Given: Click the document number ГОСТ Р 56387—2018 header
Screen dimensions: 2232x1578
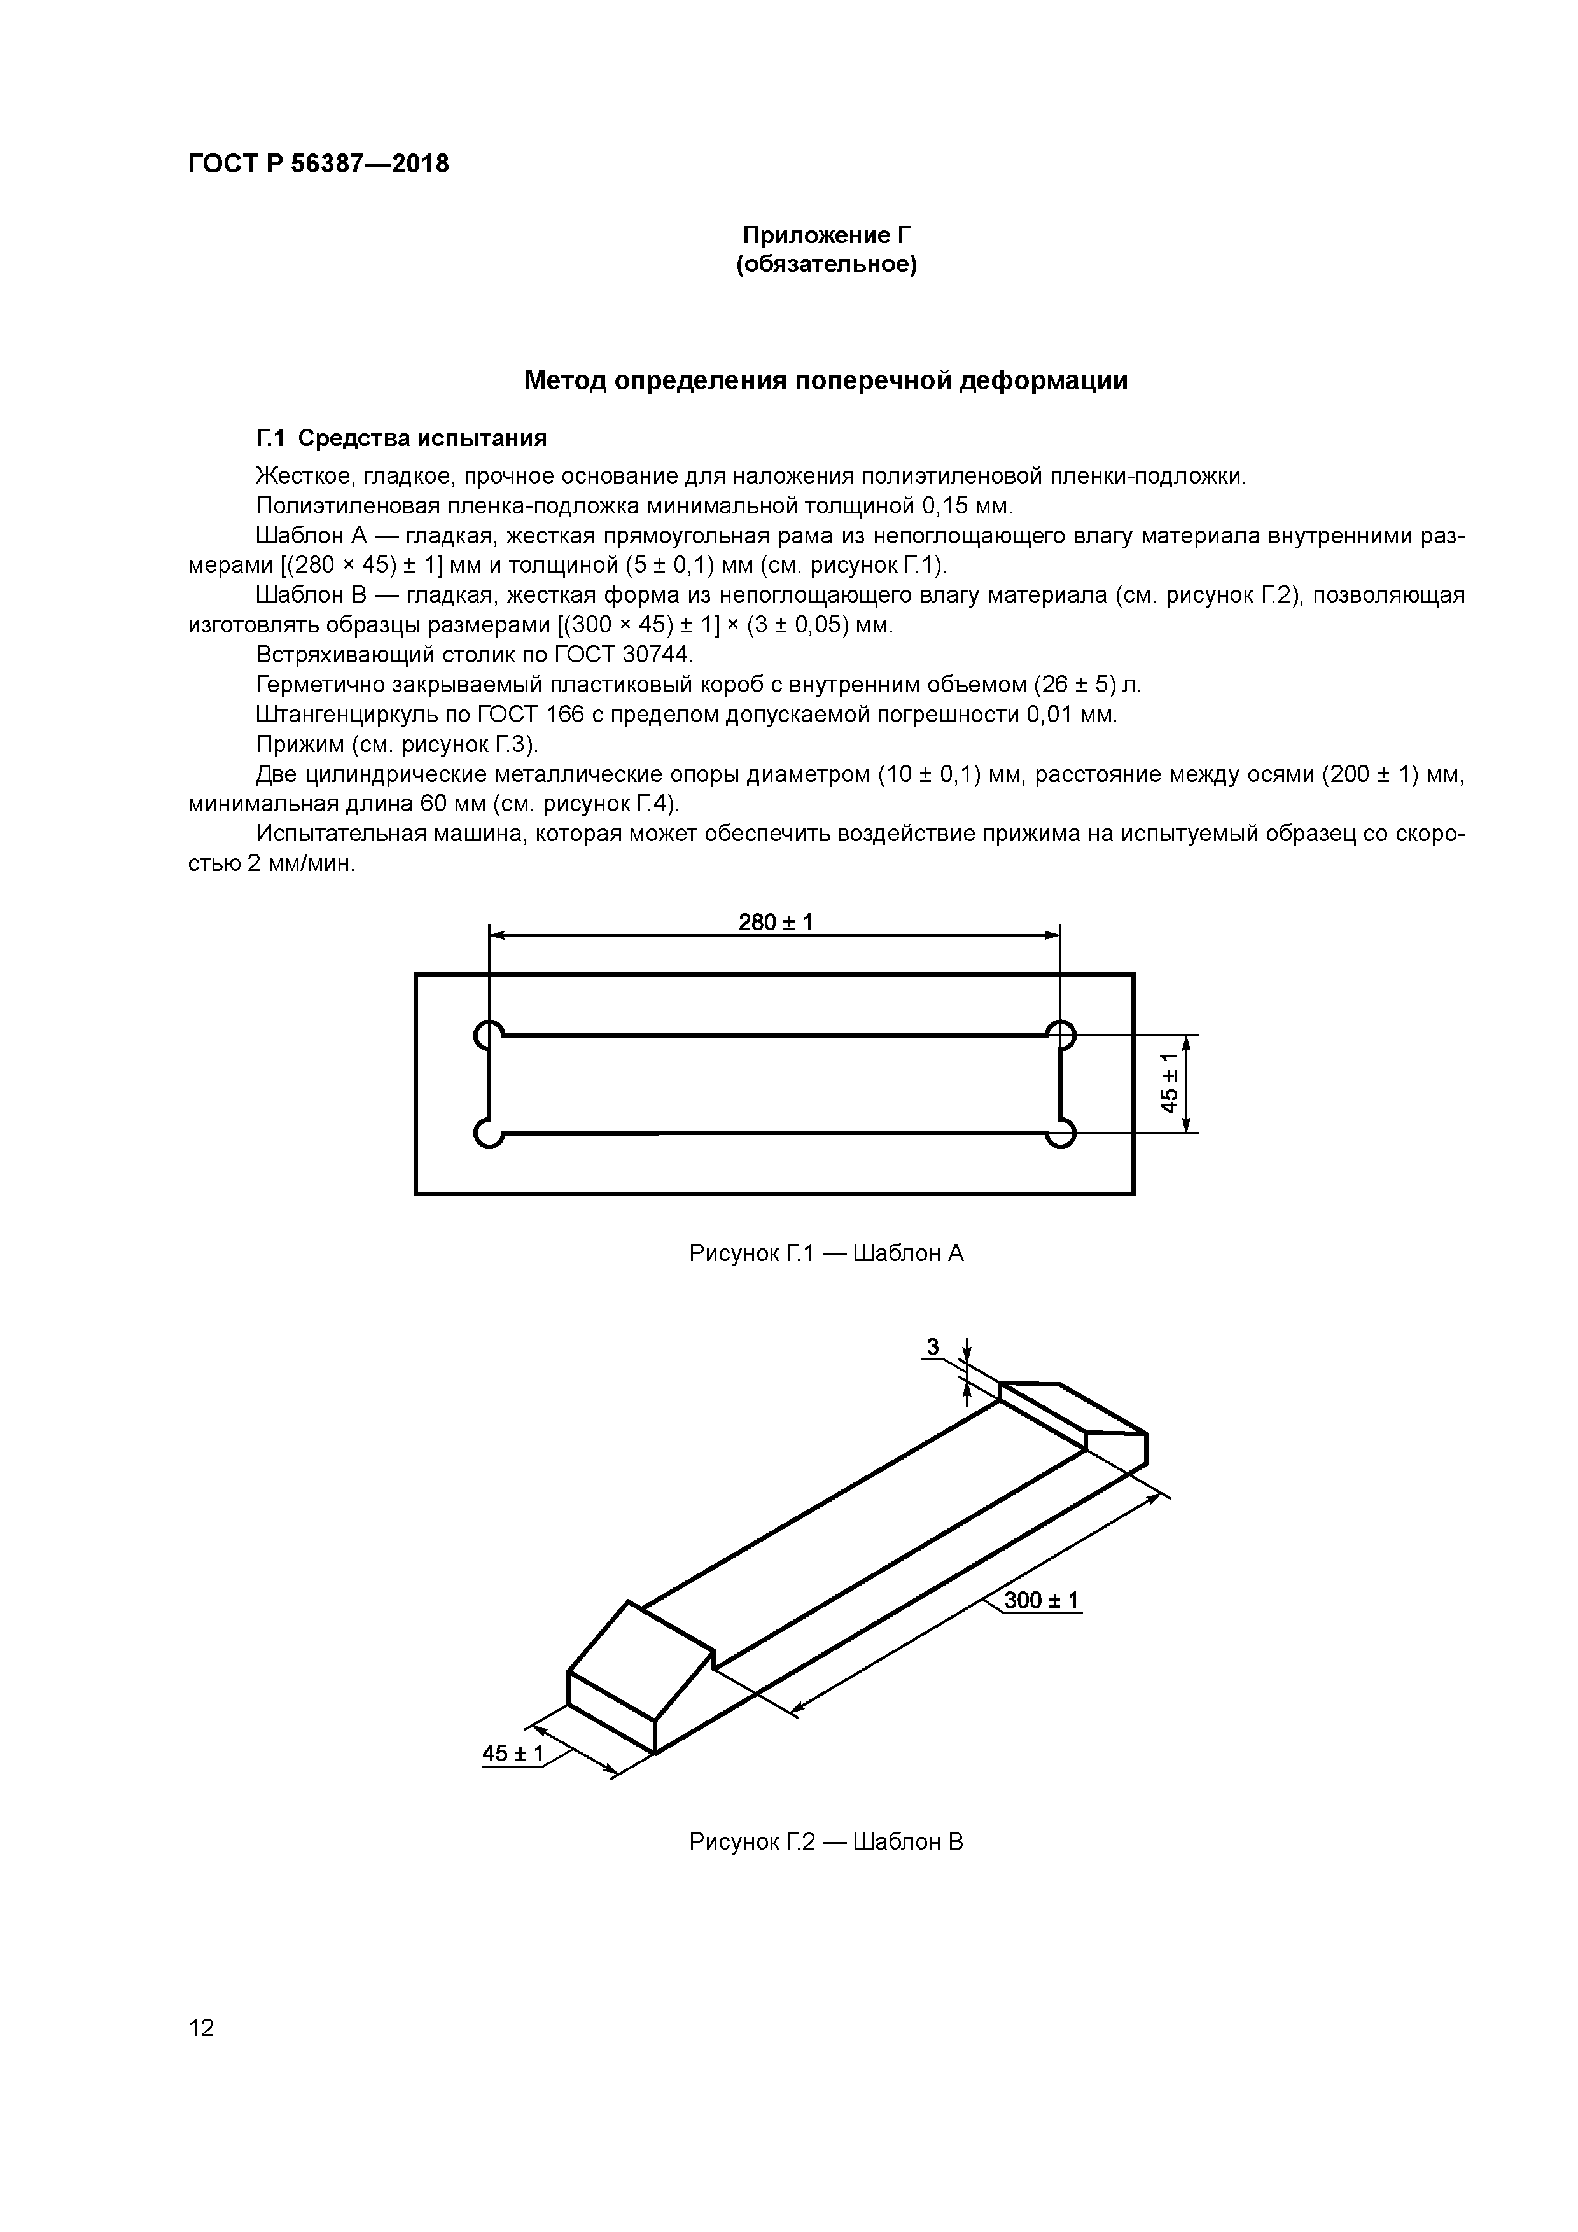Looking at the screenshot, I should pyautogui.click(x=318, y=164).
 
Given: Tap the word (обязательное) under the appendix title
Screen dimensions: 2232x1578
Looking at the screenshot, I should pyautogui.click(x=827, y=265).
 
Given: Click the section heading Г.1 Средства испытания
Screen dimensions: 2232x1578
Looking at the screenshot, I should pyautogui.click(x=401, y=438).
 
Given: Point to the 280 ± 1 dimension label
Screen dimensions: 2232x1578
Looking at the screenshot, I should pyautogui.click(x=775, y=921).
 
